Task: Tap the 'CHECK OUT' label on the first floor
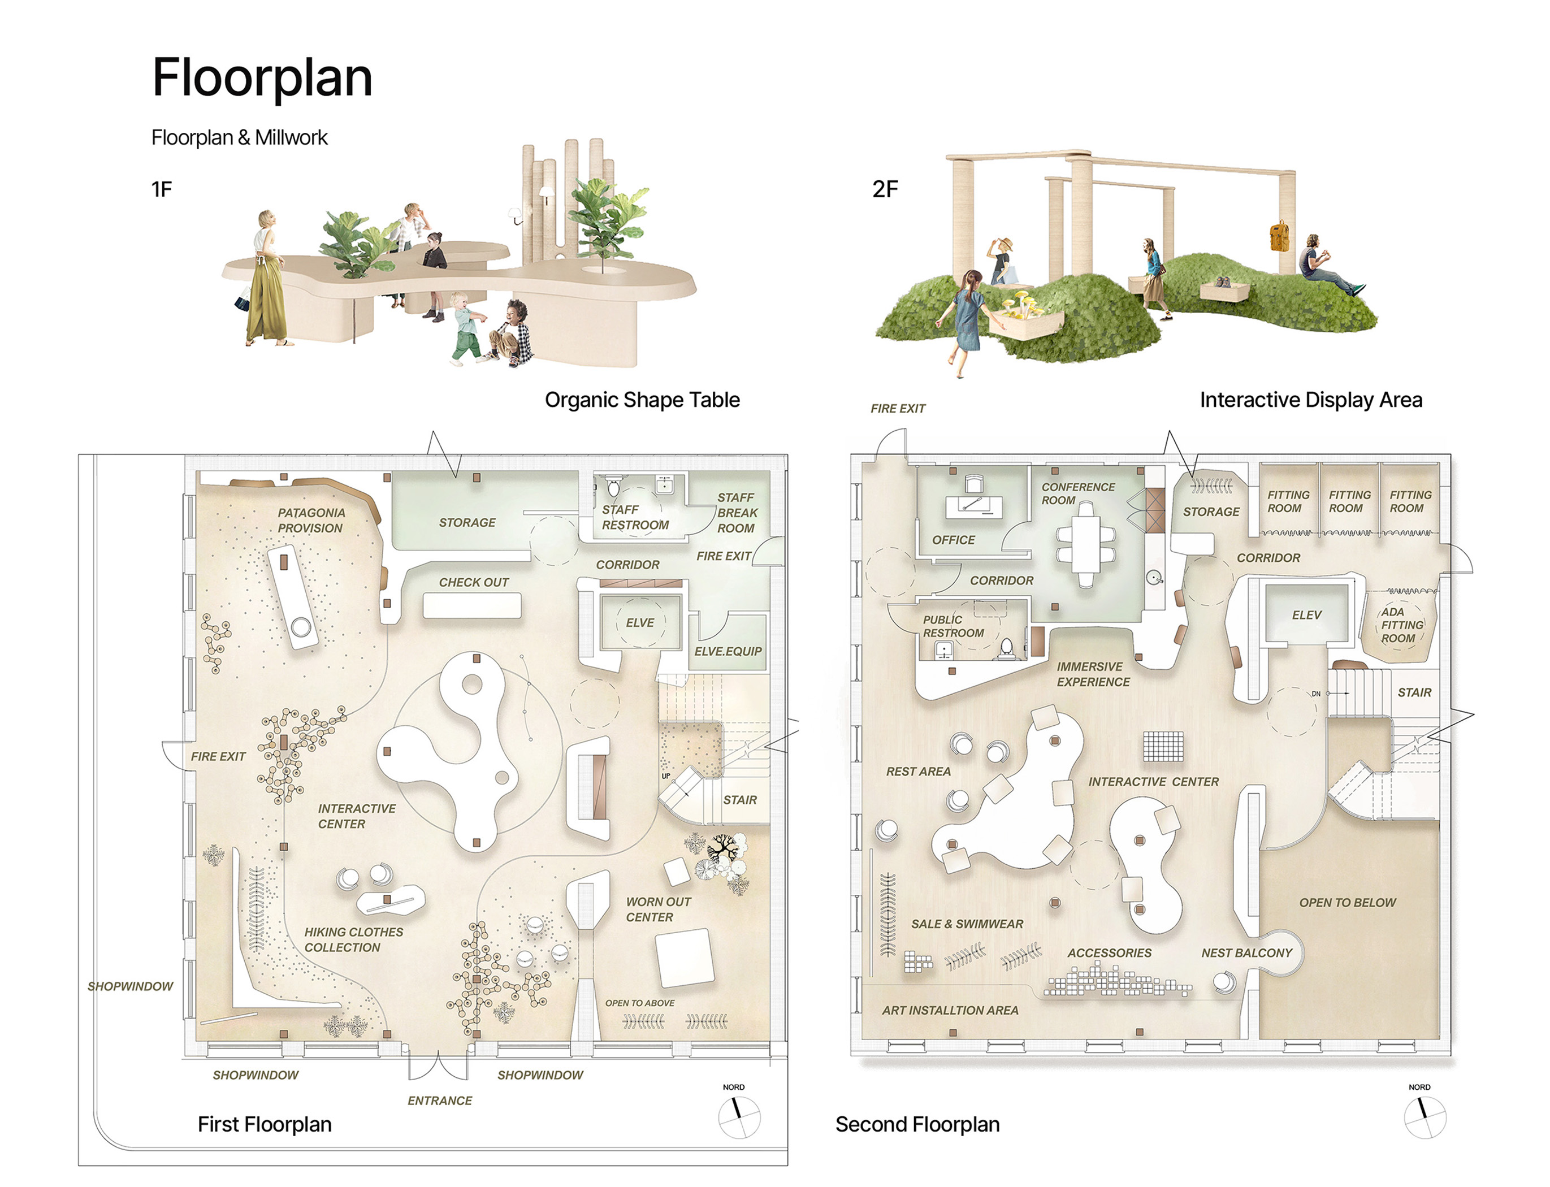[x=473, y=582]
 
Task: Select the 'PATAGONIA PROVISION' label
[x=311, y=520]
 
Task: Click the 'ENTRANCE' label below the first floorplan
[x=439, y=1100]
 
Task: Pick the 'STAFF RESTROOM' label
[x=634, y=517]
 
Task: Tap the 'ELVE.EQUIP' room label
[x=728, y=651]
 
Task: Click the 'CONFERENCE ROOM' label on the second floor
[x=1077, y=493]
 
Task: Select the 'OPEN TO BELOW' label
[x=1347, y=902]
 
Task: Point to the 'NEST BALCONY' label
[x=1246, y=952]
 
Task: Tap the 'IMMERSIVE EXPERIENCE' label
[x=1092, y=674]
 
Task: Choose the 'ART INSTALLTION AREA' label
[x=950, y=1011]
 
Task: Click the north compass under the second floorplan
[x=1425, y=1117]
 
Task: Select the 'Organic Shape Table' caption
[x=642, y=400]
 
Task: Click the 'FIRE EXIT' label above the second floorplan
[x=897, y=408]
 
